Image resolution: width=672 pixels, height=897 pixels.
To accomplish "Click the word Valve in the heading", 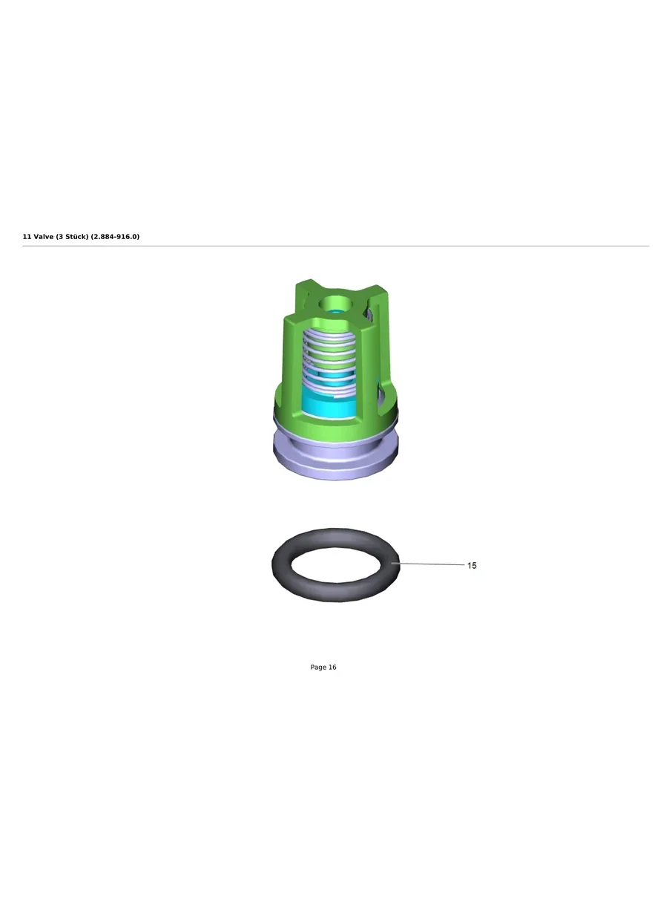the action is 43,237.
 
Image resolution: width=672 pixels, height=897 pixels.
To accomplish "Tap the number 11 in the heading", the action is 27,237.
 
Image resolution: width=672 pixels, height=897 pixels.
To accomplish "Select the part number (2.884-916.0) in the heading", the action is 115,237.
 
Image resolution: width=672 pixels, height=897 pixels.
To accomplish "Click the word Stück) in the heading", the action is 76,237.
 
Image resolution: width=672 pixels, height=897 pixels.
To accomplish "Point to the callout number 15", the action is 472,566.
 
